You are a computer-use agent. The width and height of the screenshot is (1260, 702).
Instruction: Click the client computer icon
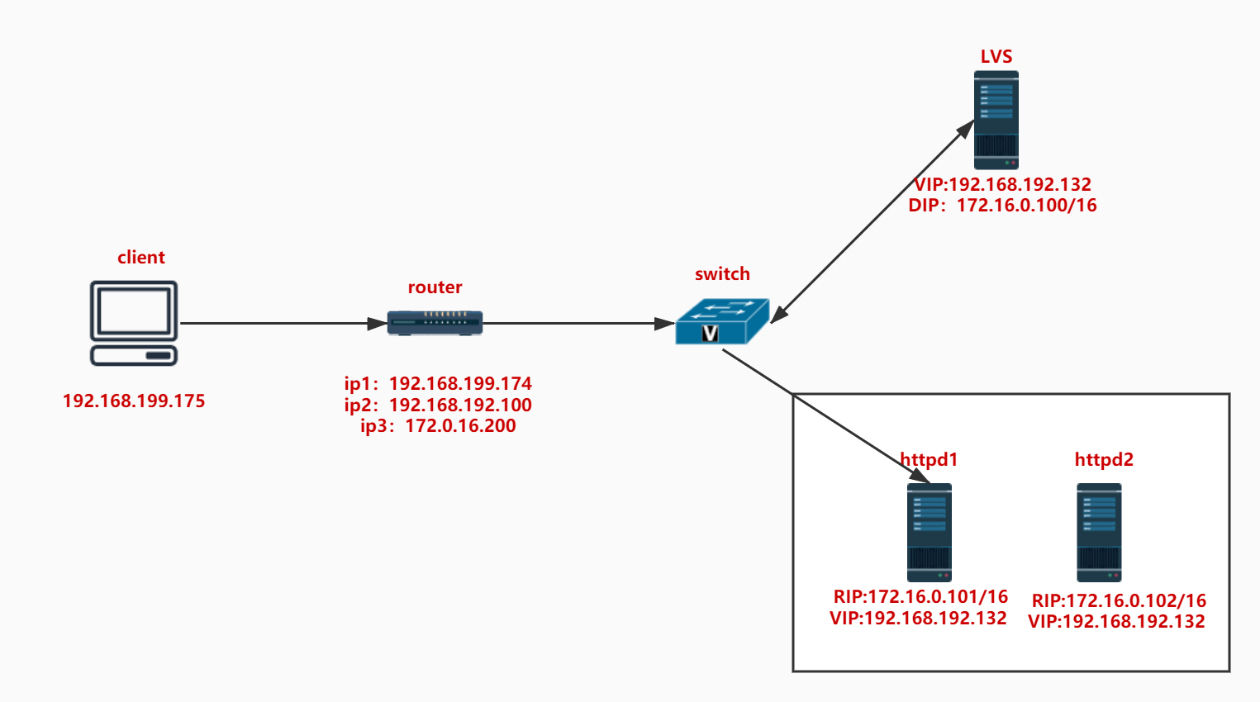(134, 323)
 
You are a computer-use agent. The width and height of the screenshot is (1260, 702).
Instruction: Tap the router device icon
(435, 323)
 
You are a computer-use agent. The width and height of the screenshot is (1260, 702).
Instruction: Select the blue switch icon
(721, 321)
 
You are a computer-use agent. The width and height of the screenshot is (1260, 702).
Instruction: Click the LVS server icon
(996, 120)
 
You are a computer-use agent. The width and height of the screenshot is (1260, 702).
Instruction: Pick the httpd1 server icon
(930, 533)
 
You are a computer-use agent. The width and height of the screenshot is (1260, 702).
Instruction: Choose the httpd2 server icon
(1099, 533)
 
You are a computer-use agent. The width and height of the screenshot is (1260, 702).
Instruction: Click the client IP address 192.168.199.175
(134, 401)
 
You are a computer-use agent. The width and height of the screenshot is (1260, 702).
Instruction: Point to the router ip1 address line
(438, 383)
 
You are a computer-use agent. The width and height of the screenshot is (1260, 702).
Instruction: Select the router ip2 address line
(438, 405)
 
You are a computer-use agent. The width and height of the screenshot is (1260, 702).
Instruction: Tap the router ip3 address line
(438, 426)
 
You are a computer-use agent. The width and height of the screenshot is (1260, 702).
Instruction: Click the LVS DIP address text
(1002, 206)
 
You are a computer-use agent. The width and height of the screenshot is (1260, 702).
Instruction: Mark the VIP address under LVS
(1002, 184)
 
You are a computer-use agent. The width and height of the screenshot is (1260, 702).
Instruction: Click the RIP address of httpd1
(920, 596)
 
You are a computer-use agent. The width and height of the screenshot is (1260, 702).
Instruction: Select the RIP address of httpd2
(1119, 600)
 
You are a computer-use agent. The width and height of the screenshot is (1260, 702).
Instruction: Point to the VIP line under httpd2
(1116, 622)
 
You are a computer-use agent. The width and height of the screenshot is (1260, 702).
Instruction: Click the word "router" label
(435, 287)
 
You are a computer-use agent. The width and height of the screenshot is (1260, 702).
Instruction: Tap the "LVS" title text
(996, 56)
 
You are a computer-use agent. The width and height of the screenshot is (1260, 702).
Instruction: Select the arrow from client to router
(281, 323)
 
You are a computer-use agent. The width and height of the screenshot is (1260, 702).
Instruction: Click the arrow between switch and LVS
(872, 221)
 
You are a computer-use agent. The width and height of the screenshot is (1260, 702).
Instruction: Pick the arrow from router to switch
(578, 323)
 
